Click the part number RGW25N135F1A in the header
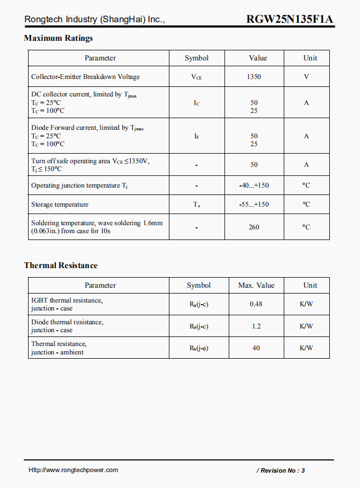click(290, 20)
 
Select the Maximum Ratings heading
click(58, 38)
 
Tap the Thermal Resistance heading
click(61, 265)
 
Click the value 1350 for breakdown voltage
click(254, 77)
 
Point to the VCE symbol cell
click(196, 77)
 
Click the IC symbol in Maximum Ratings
click(196, 103)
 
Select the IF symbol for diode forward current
click(196, 136)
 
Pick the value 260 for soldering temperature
click(254, 227)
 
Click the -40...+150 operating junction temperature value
click(254, 185)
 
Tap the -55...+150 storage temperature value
click(254, 205)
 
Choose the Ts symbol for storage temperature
click(196, 205)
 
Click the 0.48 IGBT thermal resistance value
click(256, 304)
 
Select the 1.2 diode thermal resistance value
click(256, 326)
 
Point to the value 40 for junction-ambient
click(256, 348)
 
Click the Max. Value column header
click(256, 286)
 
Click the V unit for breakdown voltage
click(307, 77)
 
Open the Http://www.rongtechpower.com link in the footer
click(73, 470)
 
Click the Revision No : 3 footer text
click(281, 471)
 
